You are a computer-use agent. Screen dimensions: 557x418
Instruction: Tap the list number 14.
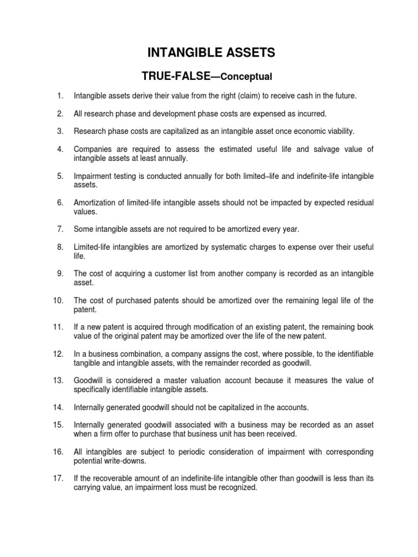[x=59, y=406]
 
